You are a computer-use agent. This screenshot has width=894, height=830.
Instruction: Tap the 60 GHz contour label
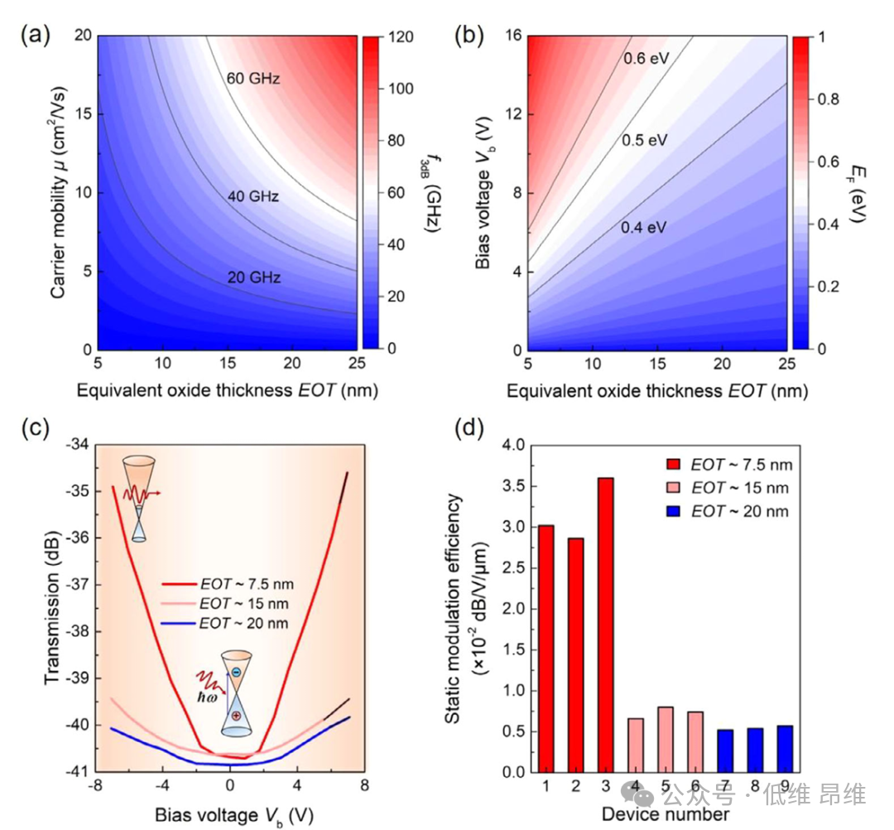(x=252, y=80)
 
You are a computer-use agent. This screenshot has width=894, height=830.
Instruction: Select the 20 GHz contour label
(x=254, y=278)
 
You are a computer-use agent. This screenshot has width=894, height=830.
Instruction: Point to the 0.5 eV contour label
(x=644, y=141)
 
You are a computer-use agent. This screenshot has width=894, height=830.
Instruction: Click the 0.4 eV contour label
(x=644, y=227)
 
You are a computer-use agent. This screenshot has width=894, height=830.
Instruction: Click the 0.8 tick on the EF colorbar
(x=829, y=99)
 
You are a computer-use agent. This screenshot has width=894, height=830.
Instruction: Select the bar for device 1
(x=546, y=648)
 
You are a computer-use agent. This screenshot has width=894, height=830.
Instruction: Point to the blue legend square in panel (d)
(x=675, y=511)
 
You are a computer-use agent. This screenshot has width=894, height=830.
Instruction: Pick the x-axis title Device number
(x=665, y=814)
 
